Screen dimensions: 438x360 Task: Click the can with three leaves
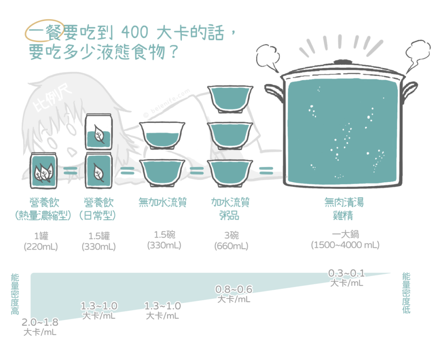[43, 171]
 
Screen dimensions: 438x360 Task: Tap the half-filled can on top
[99, 132]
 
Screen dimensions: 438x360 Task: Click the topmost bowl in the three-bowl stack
[230, 99]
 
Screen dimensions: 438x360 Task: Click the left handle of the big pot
[274, 92]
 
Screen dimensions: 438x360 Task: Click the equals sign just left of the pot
[266, 170]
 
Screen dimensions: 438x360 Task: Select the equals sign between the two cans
[71, 170]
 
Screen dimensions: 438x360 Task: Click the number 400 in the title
[135, 32]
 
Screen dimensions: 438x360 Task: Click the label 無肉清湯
[343, 202]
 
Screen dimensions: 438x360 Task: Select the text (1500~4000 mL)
[345, 245]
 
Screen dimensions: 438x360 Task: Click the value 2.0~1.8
[40, 322]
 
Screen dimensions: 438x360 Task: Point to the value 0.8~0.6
[234, 289]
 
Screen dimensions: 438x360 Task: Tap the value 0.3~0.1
[346, 273]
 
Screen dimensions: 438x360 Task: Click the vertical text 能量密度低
[406, 293]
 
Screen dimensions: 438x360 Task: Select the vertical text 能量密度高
[15, 294]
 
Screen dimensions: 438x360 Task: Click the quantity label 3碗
[231, 235]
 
